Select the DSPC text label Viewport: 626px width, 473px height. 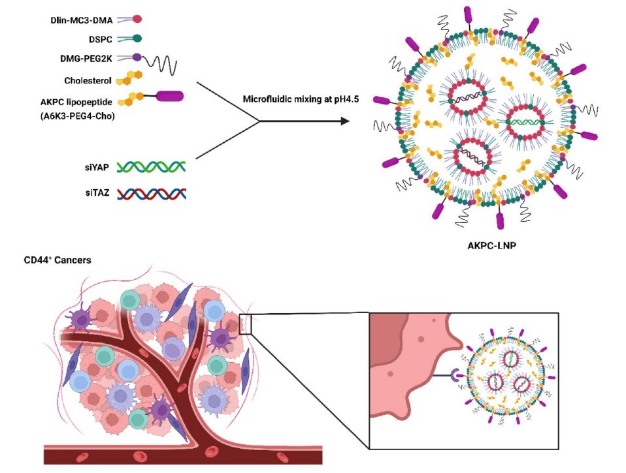(x=99, y=40)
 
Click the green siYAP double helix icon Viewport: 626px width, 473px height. (x=151, y=167)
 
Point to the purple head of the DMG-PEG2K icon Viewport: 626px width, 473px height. (x=138, y=59)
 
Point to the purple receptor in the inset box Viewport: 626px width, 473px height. (x=456, y=374)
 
